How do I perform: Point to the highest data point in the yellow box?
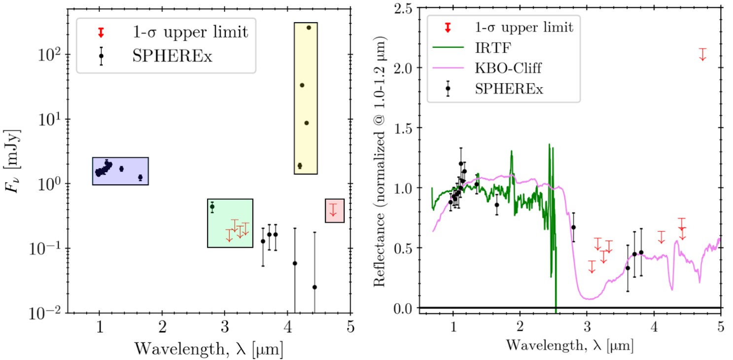tap(309, 28)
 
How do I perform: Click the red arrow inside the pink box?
tap(333, 210)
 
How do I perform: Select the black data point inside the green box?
tap(212, 207)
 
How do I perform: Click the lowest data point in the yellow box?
tap(300, 166)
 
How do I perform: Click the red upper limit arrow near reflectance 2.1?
tap(702, 54)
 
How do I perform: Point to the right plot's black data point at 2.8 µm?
tap(573, 227)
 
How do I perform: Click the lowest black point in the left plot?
tap(314, 287)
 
